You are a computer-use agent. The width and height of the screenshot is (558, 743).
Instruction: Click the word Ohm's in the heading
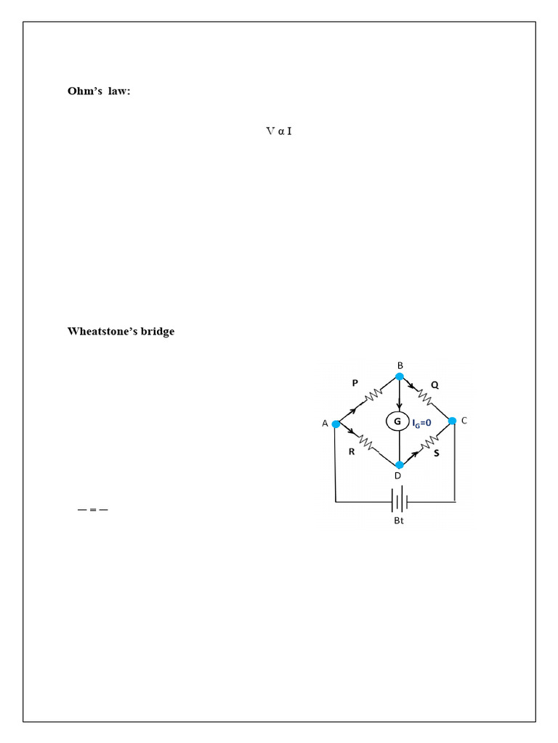[x=85, y=91]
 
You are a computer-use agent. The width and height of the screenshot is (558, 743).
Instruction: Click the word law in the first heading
[x=118, y=91]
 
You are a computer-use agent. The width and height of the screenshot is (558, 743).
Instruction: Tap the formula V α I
[x=279, y=131]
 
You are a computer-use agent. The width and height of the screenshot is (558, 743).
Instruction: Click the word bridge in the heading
[x=158, y=332]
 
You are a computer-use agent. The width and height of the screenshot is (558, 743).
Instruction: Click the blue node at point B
[x=400, y=377]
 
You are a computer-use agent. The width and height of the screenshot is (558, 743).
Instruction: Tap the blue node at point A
[x=336, y=424]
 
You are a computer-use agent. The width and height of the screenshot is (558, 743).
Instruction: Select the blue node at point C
[x=452, y=421]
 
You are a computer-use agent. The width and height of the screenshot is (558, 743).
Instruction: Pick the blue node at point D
[x=400, y=465]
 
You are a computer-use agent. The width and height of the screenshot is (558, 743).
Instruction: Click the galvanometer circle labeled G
[x=397, y=422]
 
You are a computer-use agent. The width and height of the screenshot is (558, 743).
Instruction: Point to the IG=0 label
[x=421, y=423]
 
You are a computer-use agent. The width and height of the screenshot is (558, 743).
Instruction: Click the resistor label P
[x=355, y=383]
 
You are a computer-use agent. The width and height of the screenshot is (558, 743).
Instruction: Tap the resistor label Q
[x=434, y=385]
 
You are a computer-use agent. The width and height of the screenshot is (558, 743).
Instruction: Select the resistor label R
[x=352, y=451]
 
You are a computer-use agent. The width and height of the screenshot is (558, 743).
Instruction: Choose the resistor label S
[x=437, y=453]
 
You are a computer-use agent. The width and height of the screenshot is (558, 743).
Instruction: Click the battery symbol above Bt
[x=400, y=499]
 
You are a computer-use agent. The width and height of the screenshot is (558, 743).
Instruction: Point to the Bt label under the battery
[x=399, y=520]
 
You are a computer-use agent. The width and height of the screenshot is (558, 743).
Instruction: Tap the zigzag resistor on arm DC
[x=429, y=444]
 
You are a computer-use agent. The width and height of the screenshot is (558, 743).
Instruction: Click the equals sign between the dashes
[x=93, y=510]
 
